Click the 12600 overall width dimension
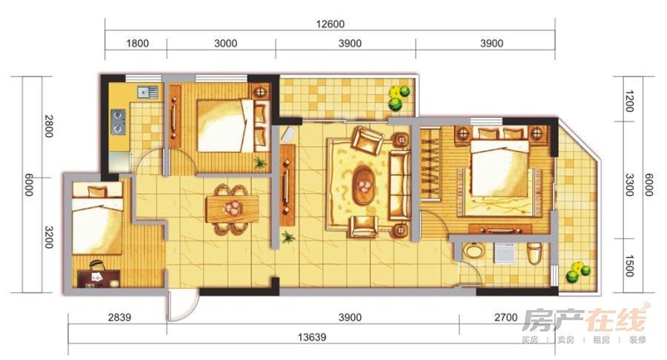[330, 24]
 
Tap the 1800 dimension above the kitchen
[138, 44]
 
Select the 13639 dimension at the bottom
[312, 338]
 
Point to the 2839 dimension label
[119, 318]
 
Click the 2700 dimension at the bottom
[505, 318]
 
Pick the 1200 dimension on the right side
[630, 101]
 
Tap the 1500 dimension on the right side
[630, 266]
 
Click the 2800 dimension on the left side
[49, 126]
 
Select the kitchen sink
[147, 91]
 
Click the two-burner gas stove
[119, 122]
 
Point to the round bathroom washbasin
[474, 251]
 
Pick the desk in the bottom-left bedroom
[99, 279]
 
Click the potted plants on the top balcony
[399, 98]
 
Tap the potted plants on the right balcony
[577, 273]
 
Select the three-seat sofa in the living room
[400, 186]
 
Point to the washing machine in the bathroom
[505, 253]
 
